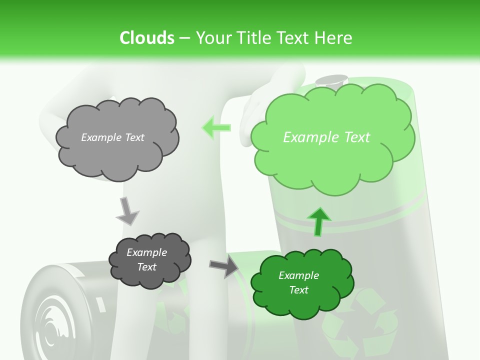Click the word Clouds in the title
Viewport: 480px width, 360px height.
146,38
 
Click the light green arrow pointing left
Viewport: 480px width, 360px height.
216,127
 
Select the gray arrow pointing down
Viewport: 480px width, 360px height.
127,210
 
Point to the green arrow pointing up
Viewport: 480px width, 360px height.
319,221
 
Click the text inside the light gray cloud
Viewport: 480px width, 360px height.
112,137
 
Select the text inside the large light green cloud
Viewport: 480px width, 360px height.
326,137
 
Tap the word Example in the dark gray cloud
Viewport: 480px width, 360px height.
146,252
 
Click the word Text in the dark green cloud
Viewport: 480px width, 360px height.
298,290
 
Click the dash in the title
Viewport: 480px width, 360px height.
184,38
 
